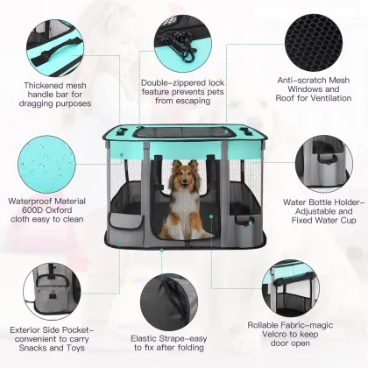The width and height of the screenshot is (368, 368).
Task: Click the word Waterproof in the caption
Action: (x=30, y=199)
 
